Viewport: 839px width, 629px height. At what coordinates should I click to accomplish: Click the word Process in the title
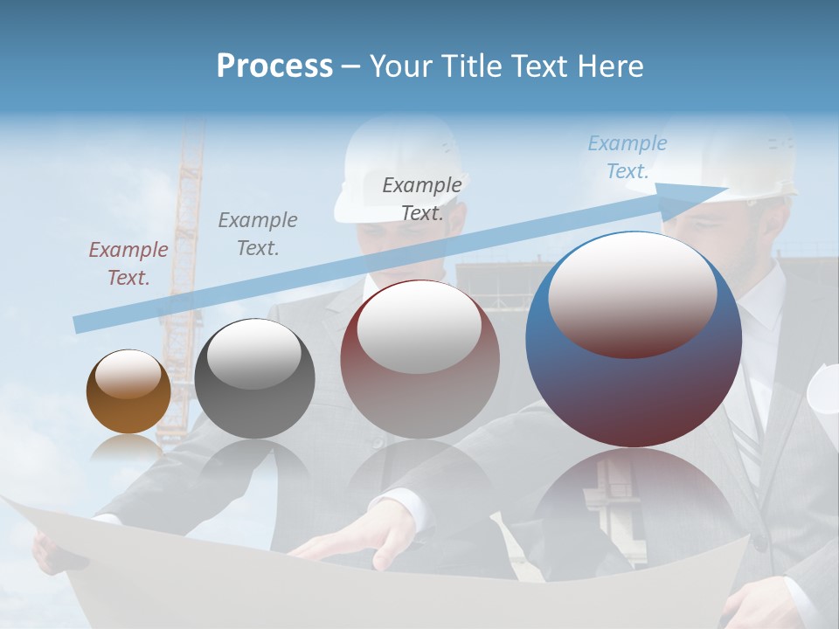point(274,66)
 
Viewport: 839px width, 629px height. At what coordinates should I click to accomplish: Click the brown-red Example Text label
point(128,264)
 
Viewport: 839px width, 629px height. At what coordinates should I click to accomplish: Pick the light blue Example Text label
point(627,157)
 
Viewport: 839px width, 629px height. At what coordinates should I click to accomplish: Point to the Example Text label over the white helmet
point(422,198)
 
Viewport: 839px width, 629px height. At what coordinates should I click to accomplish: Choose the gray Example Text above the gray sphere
point(258,233)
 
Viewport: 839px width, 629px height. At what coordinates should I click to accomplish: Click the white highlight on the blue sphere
point(633,295)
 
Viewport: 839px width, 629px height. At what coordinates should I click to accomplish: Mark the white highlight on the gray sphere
point(254,354)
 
